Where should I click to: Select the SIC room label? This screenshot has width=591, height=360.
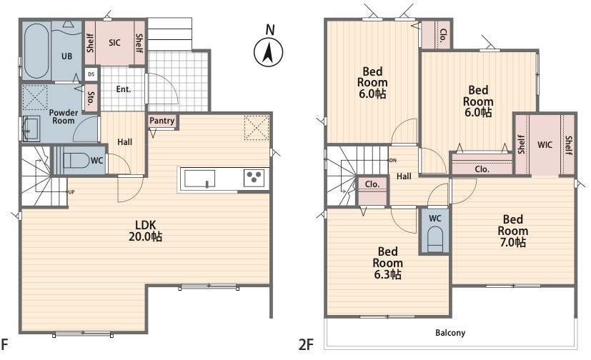[x=114, y=43]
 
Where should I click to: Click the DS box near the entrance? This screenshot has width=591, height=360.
[x=91, y=74]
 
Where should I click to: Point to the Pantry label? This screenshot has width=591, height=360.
[x=162, y=121]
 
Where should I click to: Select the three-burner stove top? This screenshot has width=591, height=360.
[x=254, y=178]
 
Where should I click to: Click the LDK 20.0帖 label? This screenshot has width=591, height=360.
[x=146, y=231]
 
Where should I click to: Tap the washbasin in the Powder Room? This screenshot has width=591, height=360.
[x=31, y=129]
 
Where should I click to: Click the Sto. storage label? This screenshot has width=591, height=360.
[x=91, y=98]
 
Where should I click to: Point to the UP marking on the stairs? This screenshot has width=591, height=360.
[x=71, y=192]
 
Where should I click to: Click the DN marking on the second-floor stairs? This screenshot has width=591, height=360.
[x=393, y=161]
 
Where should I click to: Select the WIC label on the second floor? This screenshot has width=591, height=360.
[x=545, y=144]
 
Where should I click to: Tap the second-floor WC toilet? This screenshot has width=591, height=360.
[x=435, y=239]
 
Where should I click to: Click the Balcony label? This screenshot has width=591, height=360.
[x=450, y=333]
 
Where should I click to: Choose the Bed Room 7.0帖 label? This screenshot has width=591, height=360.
[x=513, y=231]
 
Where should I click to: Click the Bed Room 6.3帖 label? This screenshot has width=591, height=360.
[x=388, y=263]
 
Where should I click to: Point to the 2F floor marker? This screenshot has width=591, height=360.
[x=306, y=344]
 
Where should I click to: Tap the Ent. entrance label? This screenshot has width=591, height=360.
[x=124, y=89]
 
